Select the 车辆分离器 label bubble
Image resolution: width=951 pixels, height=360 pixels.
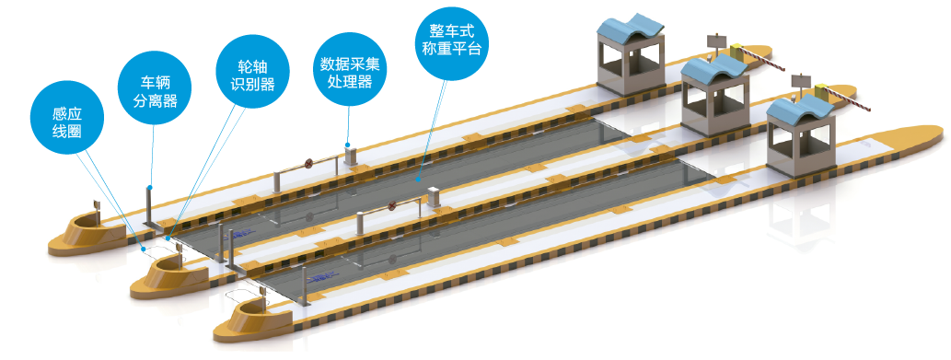(x=156, y=91)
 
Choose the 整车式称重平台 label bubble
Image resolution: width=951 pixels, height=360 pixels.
(x=451, y=40)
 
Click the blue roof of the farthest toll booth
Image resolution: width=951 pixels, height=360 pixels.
(x=629, y=28)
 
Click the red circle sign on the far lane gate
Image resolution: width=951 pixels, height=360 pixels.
(x=308, y=163)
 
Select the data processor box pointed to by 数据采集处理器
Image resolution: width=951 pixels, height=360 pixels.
(x=350, y=155)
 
